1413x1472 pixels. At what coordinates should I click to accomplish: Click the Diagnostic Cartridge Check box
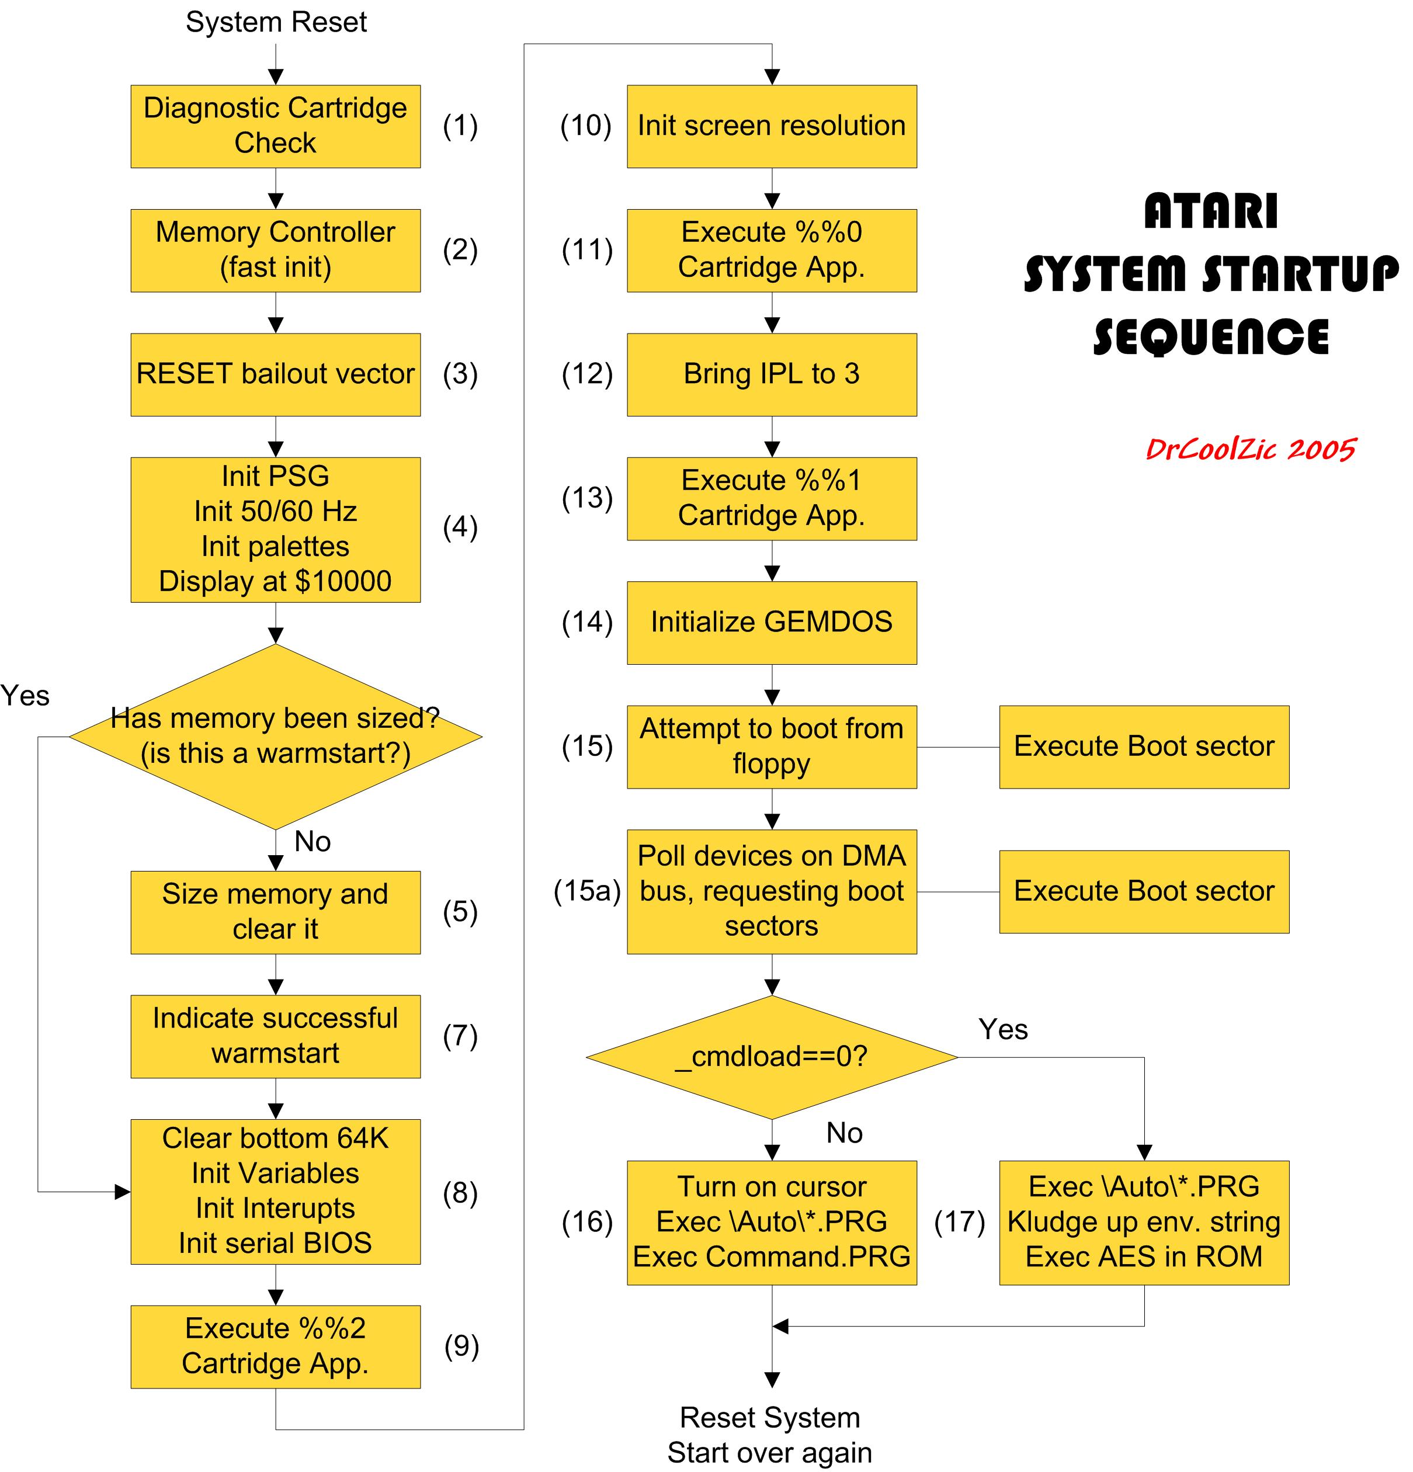point(275,126)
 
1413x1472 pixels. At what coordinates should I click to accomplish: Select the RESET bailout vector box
point(275,374)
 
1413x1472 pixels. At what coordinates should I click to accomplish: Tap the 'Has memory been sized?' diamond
point(275,736)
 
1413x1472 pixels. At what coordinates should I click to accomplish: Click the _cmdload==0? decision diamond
point(772,1057)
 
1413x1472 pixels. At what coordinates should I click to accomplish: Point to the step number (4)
point(460,527)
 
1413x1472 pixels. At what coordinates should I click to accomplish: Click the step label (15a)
point(586,891)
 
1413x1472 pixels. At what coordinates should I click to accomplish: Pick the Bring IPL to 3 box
point(772,374)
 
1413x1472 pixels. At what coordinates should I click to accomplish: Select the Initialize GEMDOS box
point(772,623)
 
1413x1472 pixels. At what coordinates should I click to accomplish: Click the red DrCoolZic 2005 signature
point(1250,449)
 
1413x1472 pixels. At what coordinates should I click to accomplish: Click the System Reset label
point(276,22)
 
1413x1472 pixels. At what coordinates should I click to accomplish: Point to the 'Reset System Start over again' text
point(770,1435)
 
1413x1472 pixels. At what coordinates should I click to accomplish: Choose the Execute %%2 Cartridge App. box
point(275,1346)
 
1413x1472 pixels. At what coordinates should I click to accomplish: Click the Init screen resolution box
point(772,126)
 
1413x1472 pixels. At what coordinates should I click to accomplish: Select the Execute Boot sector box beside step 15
point(1143,747)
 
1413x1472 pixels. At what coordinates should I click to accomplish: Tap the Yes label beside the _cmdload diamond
point(1003,1029)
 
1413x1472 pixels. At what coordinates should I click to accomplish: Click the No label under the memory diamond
point(313,841)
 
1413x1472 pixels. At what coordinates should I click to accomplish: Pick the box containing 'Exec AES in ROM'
point(1143,1222)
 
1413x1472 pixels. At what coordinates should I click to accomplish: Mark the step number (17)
point(959,1222)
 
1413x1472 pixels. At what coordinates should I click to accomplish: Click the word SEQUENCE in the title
point(1211,336)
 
